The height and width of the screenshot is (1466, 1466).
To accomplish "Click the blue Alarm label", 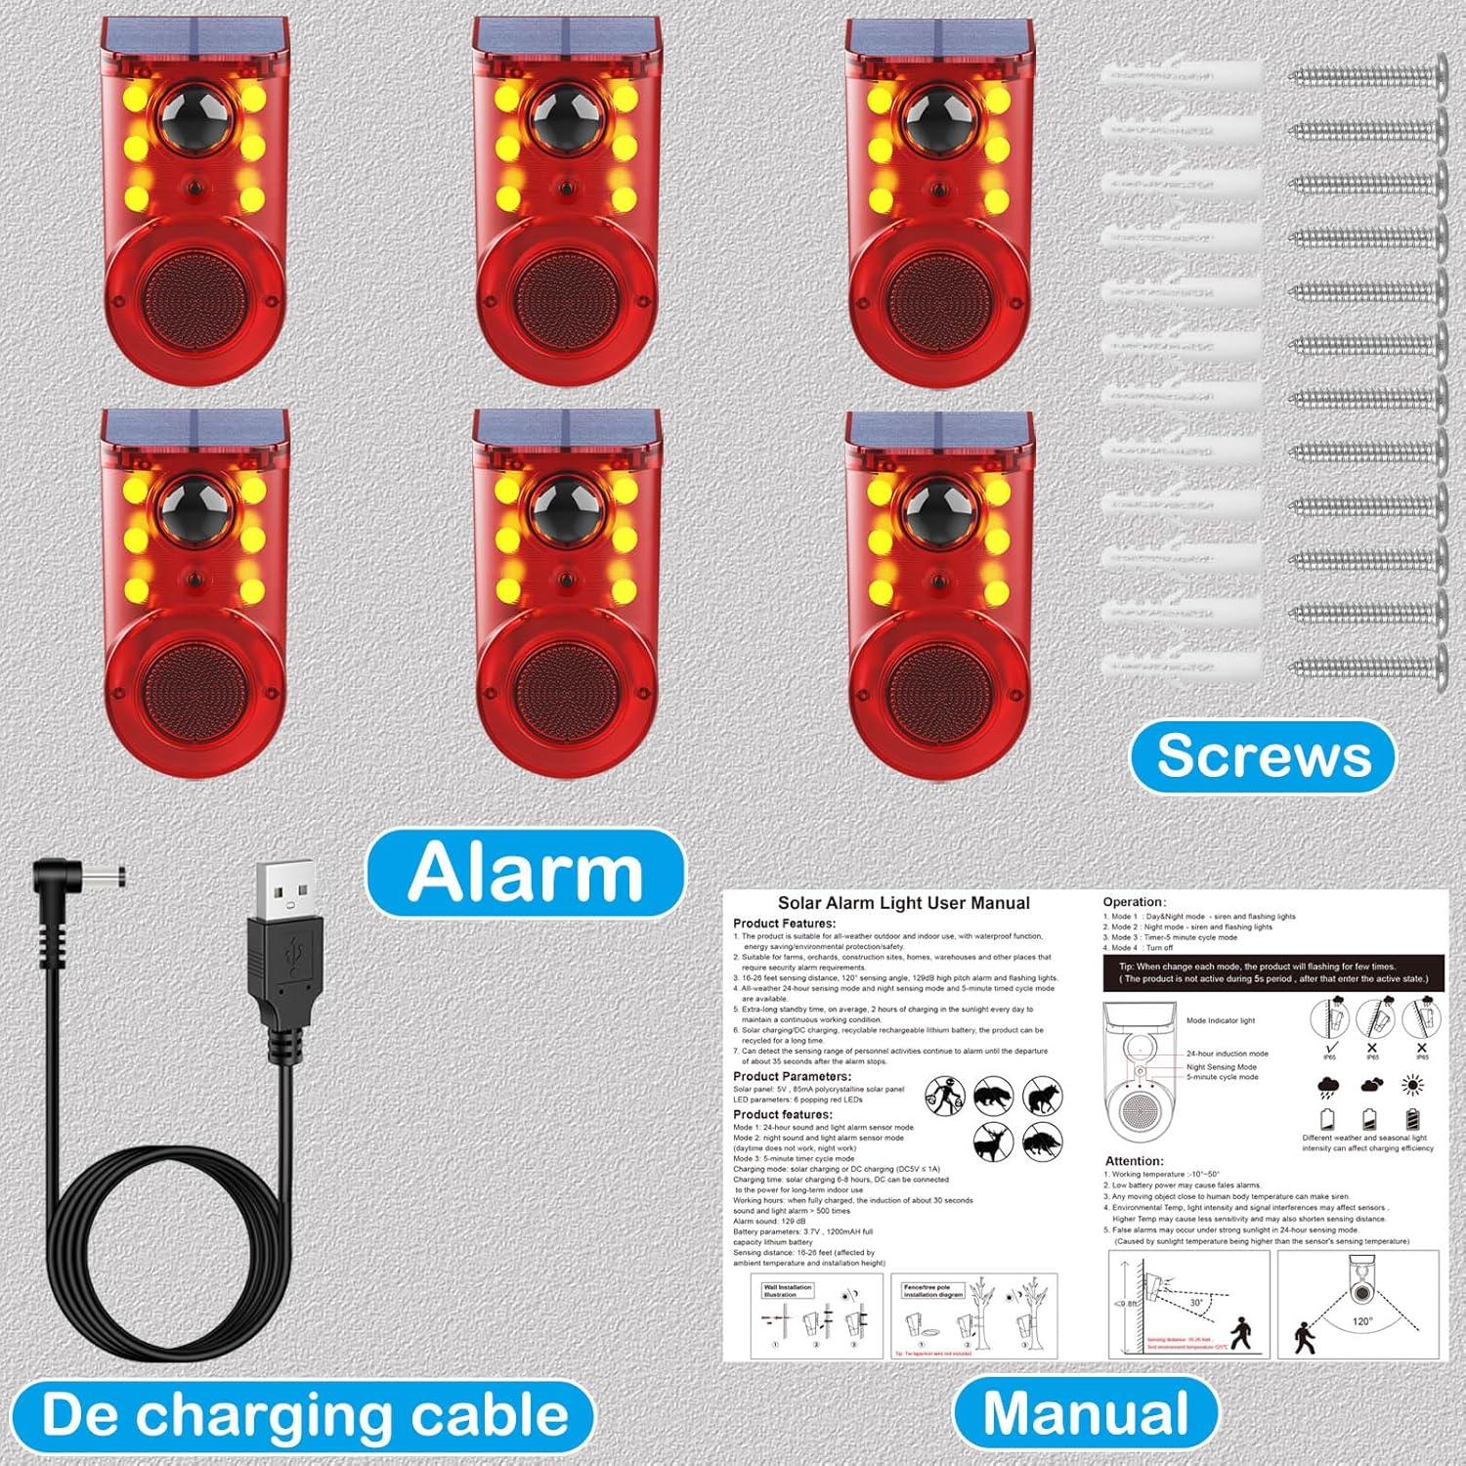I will [526, 873].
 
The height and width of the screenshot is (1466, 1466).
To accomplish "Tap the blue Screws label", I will [1264, 755].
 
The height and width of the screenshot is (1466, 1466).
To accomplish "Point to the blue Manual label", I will [1086, 1412].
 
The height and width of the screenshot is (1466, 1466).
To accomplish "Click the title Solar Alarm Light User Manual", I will [903, 903].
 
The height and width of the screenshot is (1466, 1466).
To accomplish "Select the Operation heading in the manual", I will [1134, 902].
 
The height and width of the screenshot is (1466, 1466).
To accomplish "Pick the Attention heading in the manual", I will [1134, 1161].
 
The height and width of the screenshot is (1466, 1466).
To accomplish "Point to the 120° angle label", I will [1361, 1321].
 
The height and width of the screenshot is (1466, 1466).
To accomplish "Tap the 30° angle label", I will [1196, 1302].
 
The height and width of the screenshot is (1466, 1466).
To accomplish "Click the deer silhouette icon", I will [992, 1140].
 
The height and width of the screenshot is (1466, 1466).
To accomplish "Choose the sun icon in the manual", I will [1412, 1085].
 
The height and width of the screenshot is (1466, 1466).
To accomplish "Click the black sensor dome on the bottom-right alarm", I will [938, 509].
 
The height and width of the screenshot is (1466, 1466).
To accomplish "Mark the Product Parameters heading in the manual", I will [792, 1076].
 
